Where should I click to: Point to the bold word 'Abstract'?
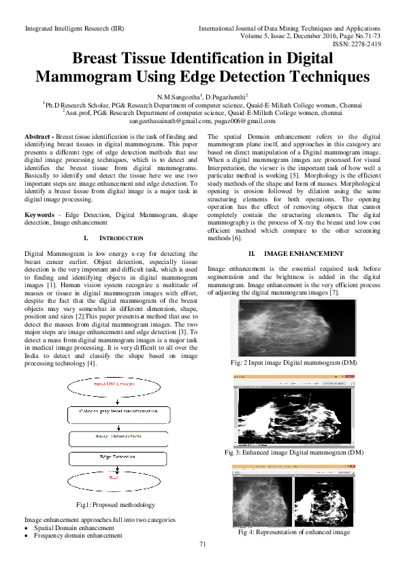[x=38, y=137]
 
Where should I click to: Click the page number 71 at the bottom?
[x=202, y=544]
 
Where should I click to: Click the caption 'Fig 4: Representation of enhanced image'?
[x=294, y=532]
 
